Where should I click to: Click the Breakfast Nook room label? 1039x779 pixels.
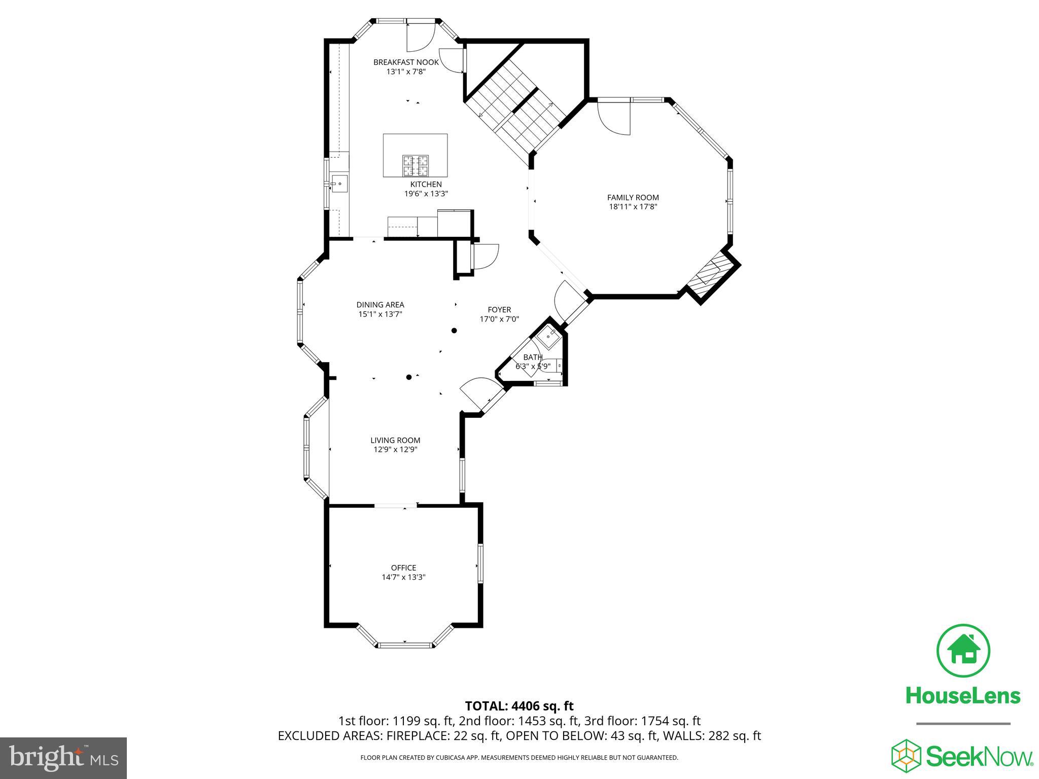point(406,62)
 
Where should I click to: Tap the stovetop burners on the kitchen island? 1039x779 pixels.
point(415,165)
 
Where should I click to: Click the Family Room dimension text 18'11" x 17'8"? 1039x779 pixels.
point(633,206)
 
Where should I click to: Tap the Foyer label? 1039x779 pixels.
point(499,310)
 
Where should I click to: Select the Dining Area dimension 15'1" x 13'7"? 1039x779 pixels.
point(380,314)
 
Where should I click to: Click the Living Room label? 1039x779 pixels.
point(395,440)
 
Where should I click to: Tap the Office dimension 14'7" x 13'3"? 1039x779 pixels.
point(403,577)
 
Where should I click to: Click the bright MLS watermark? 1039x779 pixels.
point(63,758)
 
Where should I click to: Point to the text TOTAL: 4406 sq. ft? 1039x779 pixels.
point(519,706)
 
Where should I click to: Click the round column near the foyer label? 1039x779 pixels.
point(454,331)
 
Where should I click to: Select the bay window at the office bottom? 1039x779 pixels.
point(405,644)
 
